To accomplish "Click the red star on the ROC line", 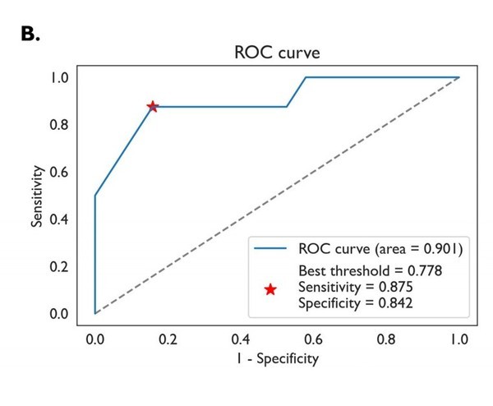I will click(152, 107).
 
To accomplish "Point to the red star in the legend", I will click(270, 289).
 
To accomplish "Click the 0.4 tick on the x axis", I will click(240, 338).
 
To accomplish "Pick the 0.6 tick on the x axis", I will click(313, 338).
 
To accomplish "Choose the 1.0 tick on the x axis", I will click(458, 338).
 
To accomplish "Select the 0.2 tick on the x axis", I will click(168, 338).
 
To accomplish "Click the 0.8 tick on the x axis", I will click(385, 338).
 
